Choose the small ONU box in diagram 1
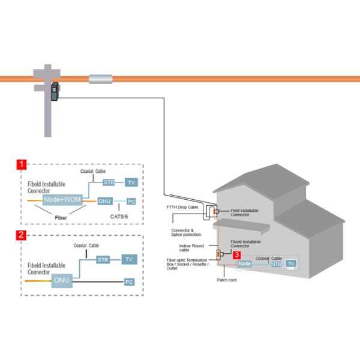105,201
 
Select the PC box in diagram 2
128,281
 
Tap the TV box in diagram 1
132,182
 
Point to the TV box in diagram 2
128,259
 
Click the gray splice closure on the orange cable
101,79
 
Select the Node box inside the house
244,263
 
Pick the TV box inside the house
291,263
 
